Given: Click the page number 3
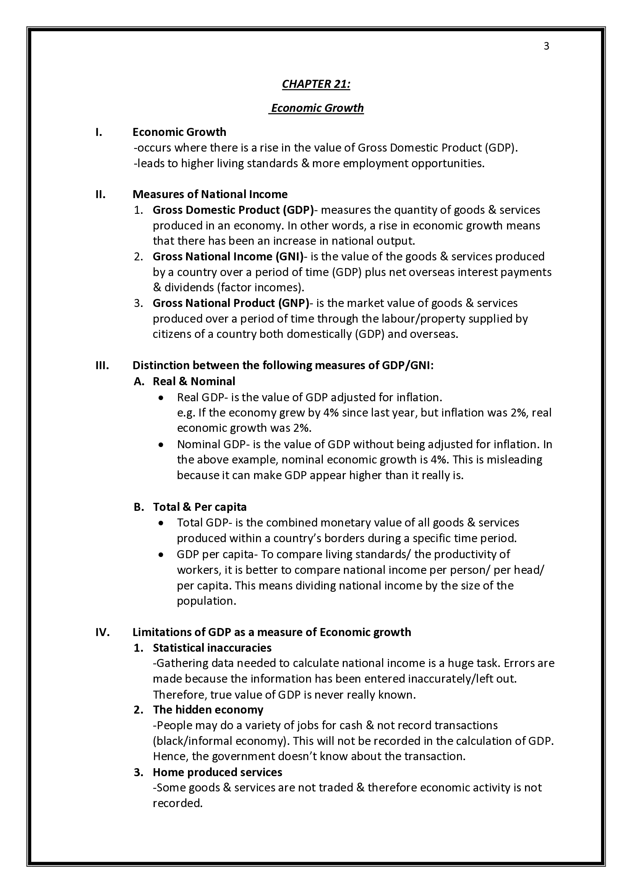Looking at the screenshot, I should pos(546,46).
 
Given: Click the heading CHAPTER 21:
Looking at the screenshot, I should pos(316,84).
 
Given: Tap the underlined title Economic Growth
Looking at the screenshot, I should pos(317,108).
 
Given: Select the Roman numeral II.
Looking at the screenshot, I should pos(100,194).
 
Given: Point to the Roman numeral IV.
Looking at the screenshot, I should pos(102,632).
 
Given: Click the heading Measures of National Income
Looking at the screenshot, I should pos(210,194).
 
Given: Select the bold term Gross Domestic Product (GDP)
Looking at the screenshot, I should pos(233,210).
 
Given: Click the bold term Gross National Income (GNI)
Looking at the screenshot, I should pos(228,257).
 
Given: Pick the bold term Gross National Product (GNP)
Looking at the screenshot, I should pos(230,303).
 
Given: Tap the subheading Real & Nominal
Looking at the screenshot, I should pos(194,381).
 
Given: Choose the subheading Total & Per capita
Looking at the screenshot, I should pos(199,507).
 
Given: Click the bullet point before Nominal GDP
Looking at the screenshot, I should pos(161,445).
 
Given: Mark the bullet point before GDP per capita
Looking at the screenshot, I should pos(161,555).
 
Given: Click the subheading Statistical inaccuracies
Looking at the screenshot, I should pos(212,648).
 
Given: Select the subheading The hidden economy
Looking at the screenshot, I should pos(208,710).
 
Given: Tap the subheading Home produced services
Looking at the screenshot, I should pos(217,772).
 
